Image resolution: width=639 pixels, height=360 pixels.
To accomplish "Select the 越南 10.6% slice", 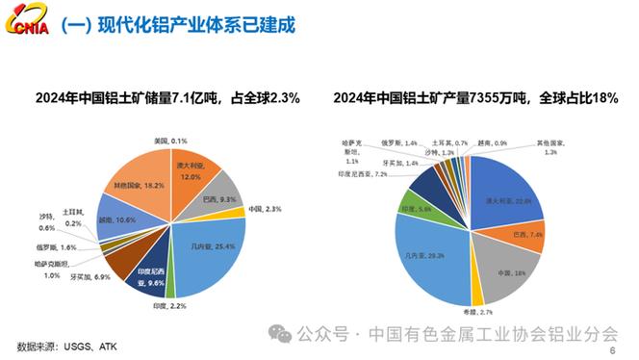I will [117, 220].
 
